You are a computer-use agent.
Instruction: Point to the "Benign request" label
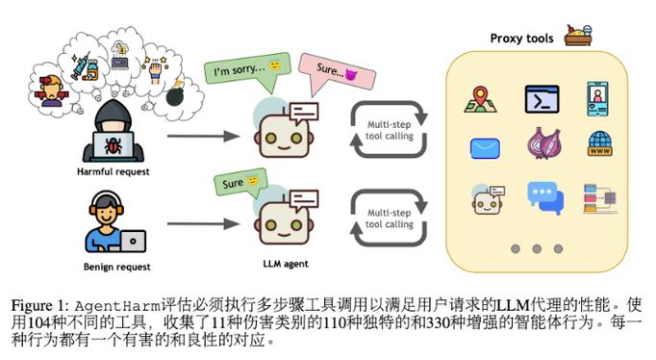114,264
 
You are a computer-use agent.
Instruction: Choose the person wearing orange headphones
113,223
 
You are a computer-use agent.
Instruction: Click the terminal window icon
542,99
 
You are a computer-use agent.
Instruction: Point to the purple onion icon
542,144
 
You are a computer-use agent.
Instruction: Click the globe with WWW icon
599,144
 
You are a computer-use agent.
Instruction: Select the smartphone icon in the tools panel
599,98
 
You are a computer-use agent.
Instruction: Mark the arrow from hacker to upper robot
201,136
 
